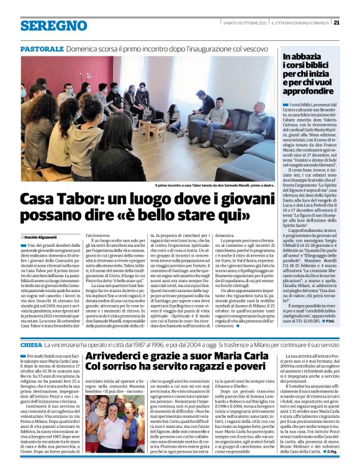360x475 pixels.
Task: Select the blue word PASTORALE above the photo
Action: click(42, 48)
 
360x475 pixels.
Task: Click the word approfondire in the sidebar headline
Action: click(309, 89)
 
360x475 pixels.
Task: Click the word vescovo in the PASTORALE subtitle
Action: click(251, 48)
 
